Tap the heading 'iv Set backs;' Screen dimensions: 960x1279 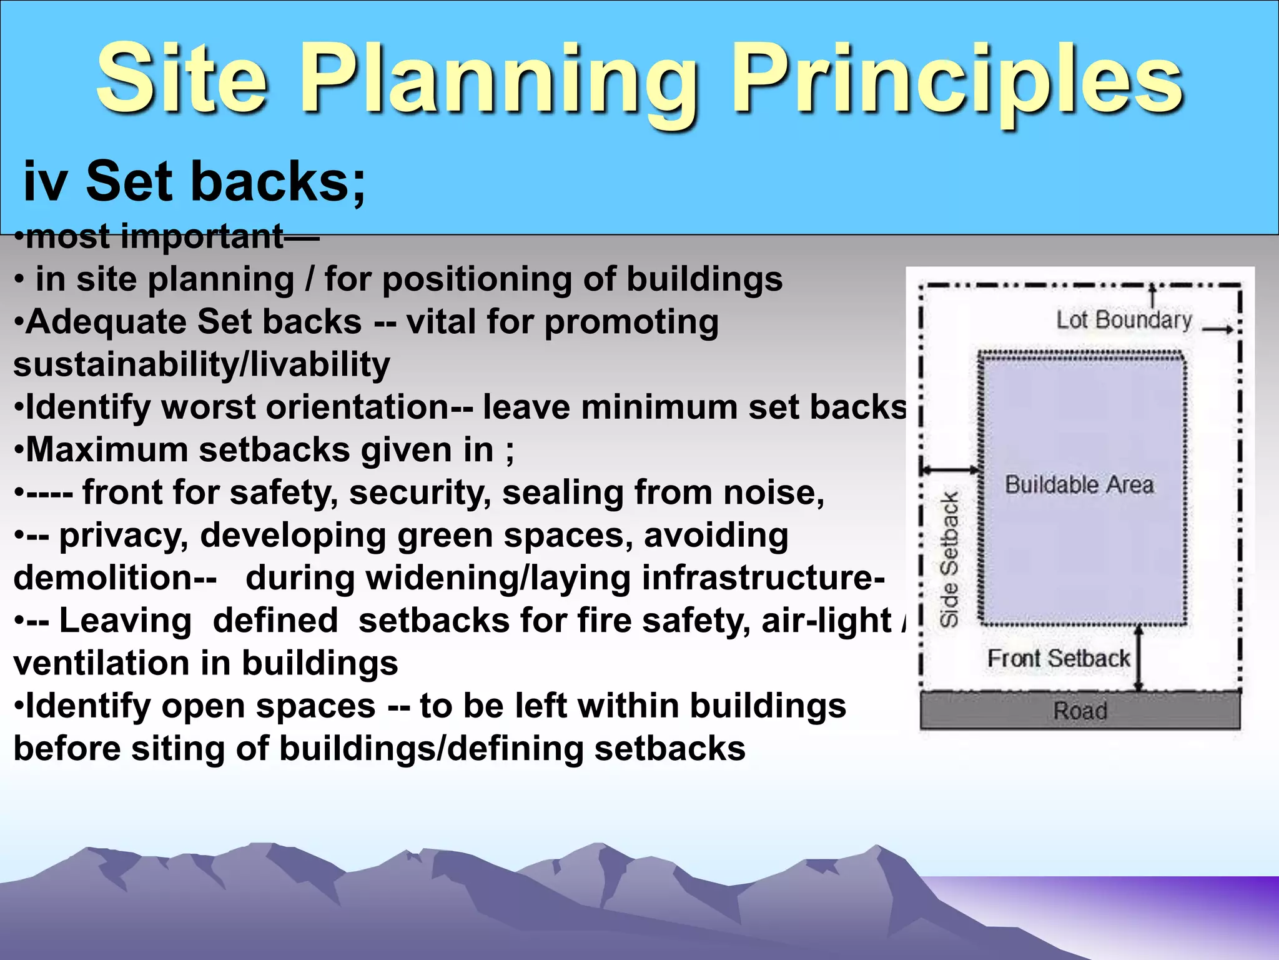click(x=194, y=182)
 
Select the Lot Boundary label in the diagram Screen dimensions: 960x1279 click(x=1123, y=320)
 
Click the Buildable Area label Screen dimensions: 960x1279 click(x=1079, y=485)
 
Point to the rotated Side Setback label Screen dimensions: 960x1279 click(x=949, y=559)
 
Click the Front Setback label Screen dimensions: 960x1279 click(x=1058, y=659)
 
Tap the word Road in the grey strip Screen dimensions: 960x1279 click(x=1080, y=711)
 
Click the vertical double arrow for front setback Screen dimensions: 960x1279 click(x=1138, y=658)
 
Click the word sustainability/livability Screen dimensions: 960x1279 click(x=202, y=365)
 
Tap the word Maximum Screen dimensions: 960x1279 click(x=107, y=450)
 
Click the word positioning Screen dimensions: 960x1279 click(x=477, y=279)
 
